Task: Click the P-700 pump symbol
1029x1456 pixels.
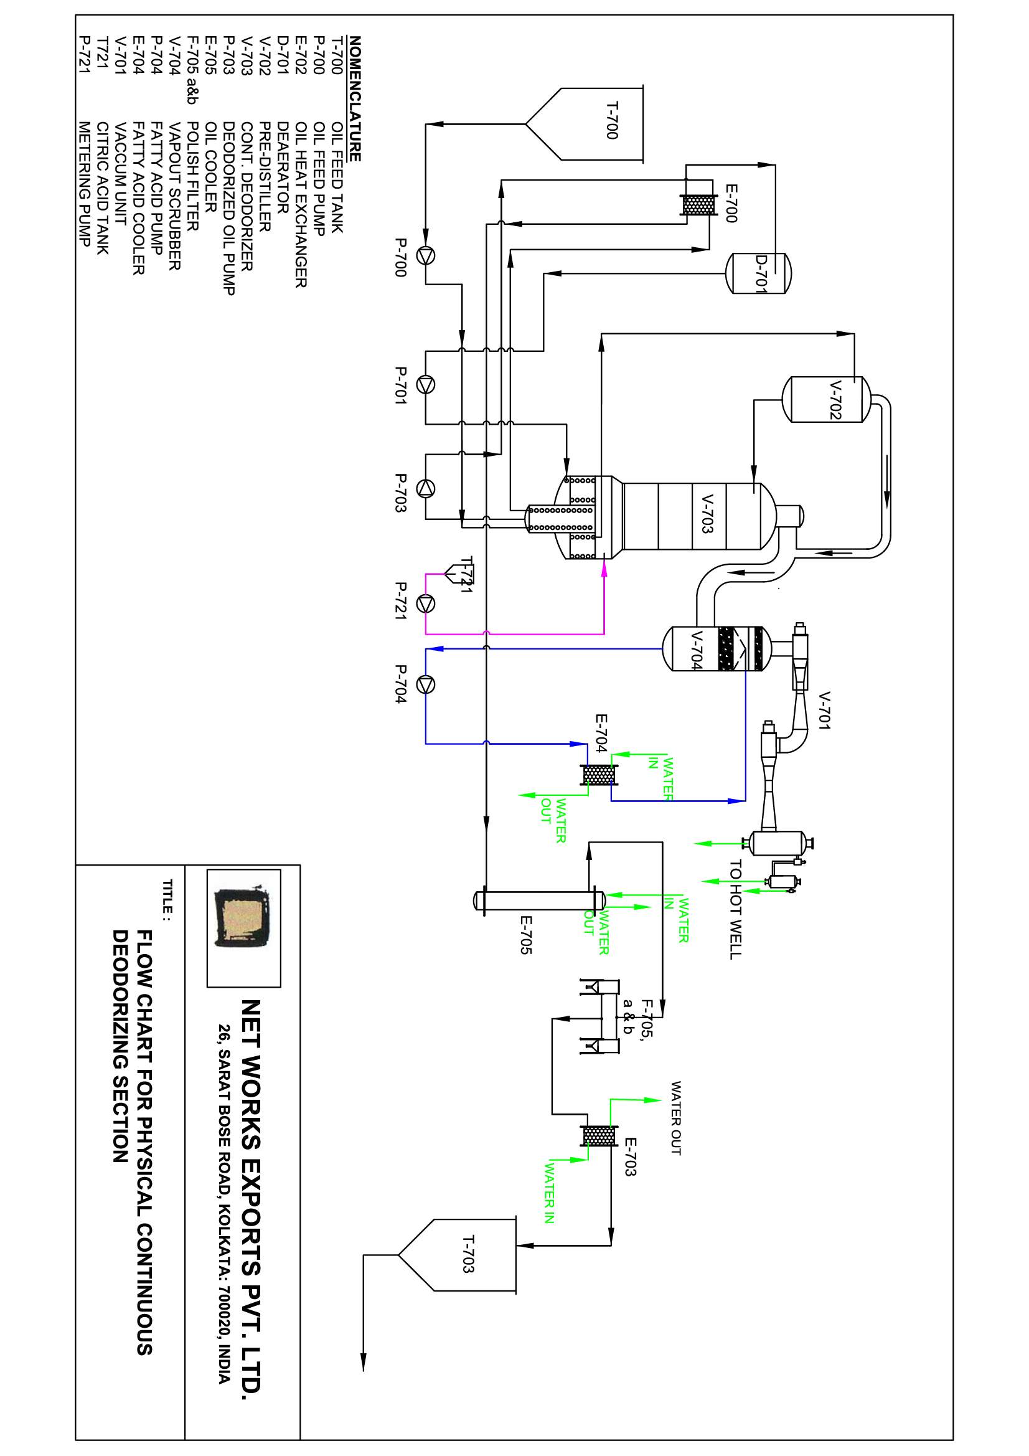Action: coord(425,255)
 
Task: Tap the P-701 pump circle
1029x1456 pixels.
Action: coord(425,385)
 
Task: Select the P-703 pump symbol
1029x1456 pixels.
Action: coord(425,488)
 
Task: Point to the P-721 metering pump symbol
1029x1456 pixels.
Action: coord(425,603)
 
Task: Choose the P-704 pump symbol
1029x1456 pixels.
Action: coord(425,684)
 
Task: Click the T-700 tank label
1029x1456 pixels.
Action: coord(612,120)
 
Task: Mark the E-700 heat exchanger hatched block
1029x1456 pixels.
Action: coord(697,205)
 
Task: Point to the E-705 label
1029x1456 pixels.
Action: coord(525,935)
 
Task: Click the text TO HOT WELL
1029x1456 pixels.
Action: coord(735,909)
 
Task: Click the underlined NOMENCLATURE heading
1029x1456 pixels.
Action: coord(354,98)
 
